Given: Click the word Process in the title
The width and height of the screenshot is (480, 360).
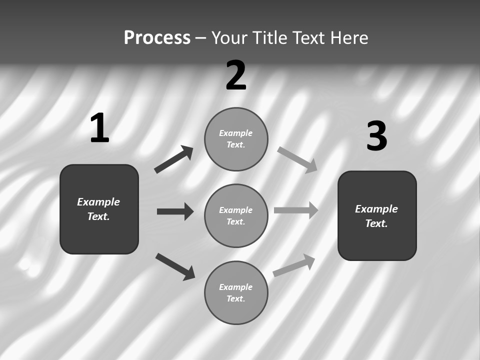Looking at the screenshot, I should pyautogui.click(x=157, y=37).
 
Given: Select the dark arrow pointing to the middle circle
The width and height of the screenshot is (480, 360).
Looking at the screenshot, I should pyautogui.click(x=175, y=211).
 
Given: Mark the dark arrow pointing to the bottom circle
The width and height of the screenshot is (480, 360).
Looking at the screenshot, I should pyautogui.click(x=175, y=266).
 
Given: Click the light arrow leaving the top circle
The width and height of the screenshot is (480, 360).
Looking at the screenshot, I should pyautogui.click(x=297, y=159).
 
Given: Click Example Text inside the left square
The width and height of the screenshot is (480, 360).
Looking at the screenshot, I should pyautogui.click(x=98, y=209).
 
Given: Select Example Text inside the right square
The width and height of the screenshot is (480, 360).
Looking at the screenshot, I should pyautogui.click(x=376, y=216).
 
